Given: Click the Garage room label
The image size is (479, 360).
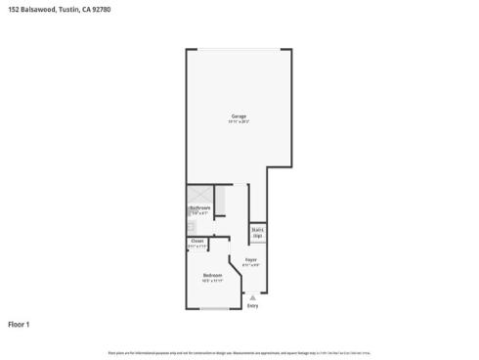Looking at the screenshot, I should click(x=239, y=115).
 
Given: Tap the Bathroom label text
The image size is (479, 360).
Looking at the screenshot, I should click(x=199, y=206).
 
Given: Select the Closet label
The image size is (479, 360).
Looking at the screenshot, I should click(x=197, y=241).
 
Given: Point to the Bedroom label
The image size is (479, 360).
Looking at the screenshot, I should click(x=212, y=275).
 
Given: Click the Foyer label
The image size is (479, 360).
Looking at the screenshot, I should click(x=250, y=259).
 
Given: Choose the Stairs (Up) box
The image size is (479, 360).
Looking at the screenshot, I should click(x=258, y=234).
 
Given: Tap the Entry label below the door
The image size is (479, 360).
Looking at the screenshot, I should click(x=252, y=306).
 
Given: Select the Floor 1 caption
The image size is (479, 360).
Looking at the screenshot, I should click(x=20, y=323).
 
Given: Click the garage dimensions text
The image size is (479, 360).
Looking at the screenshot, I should click(x=239, y=121).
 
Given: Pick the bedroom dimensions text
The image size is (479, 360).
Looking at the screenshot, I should click(x=212, y=281).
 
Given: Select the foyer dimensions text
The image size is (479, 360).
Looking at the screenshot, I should click(x=250, y=265).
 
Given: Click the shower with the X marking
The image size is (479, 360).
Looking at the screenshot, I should click(x=196, y=195).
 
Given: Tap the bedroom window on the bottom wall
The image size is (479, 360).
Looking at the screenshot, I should click(x=215, y=309).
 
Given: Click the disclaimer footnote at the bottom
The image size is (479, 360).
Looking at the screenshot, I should click(x=239, y=351).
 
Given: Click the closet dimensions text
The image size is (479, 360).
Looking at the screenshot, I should click(x=197, y=247).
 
